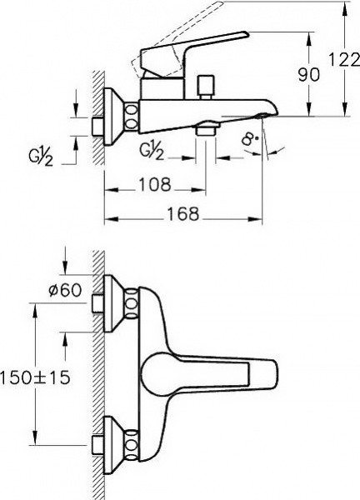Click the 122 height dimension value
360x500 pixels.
(343, 59)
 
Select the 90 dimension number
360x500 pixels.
(308, 75)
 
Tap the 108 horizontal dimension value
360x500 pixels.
(155, 184)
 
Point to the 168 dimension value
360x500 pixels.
(182, 213)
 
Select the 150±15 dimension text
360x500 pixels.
(35, 377)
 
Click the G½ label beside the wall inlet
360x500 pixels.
(41, 157)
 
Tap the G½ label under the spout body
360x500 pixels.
(152, 150)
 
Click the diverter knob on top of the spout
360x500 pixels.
(206, 87)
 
